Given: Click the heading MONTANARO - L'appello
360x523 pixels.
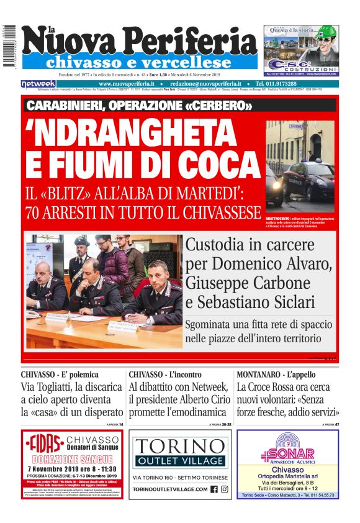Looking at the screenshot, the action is tap(276, 375).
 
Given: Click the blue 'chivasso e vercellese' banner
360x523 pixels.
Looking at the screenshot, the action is tap(139, 63).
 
